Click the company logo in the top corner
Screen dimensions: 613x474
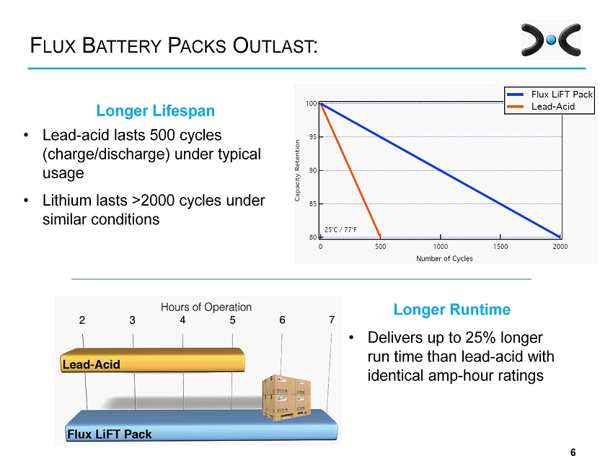click(x=551, y=40)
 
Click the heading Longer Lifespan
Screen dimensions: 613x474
click(x=156, y=110)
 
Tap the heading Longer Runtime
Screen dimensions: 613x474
click(x=451, y=310)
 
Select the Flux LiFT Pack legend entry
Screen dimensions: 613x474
click(x=550, y=95)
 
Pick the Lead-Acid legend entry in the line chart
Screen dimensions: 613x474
click(x=541, y=106)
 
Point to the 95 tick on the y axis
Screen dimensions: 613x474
click(x=312, y=137)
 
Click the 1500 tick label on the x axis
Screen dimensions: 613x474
click(x=500, y=247)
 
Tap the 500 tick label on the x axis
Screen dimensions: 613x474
click(x=380, y=247)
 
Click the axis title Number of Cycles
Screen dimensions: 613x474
click(x=444, y=258)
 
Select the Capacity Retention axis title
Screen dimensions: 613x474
click(x=297, y=170)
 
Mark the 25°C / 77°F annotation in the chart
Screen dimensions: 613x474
click(x=340, y=229)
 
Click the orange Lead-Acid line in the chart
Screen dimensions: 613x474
click(x=350, y=170)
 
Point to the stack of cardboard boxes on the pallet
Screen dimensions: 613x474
click(x=287, y=398)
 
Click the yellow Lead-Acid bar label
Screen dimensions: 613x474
click(x=91, y=364)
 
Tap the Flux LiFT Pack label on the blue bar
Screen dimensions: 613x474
click(x=110, y=434)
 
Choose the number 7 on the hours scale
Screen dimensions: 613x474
click(x=332, y=320)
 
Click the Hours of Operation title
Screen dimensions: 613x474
click(x=206, y=307)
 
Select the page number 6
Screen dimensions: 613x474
click(x=573, y=452)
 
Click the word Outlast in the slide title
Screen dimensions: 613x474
click(x=275, y=45)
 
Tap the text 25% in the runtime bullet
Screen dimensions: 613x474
click(x=481, y=338)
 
